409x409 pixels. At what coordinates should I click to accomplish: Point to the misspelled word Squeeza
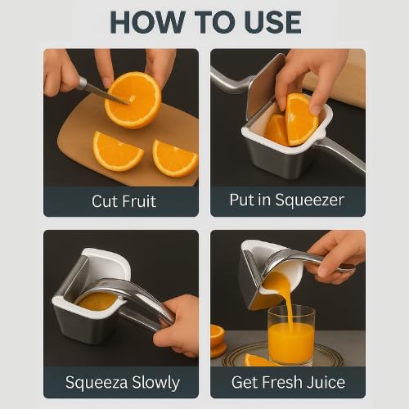point(95,382)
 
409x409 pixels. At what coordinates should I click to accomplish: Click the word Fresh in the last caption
point(283,382)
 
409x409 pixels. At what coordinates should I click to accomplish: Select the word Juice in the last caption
point(326,382)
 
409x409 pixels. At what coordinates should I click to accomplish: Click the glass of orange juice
point(290,335)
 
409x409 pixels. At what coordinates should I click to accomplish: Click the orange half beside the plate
point(218,339)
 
